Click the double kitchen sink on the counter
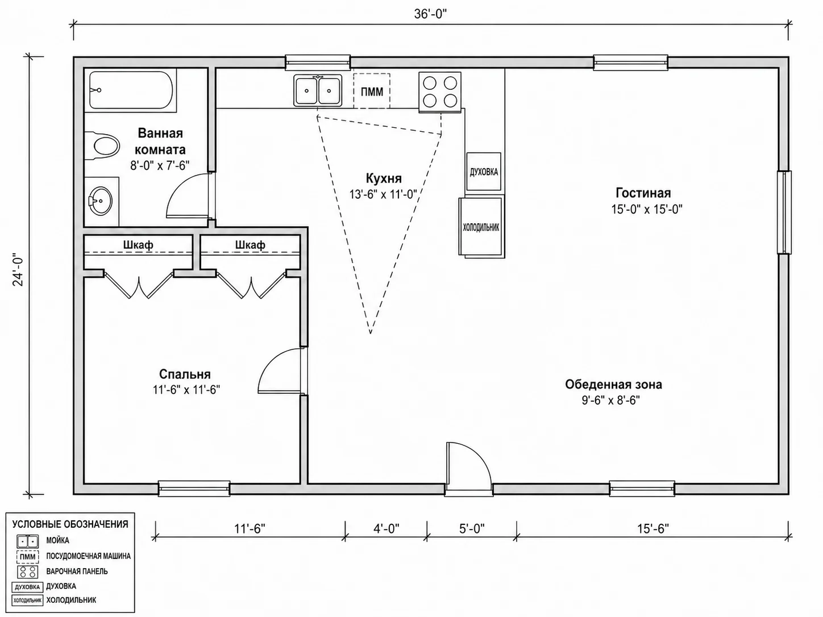(318, 90)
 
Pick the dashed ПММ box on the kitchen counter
(372, 91)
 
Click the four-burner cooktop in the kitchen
(440, 92)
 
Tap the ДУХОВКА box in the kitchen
(484, 172)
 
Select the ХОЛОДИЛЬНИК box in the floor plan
(481, 227)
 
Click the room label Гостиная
(643, 193)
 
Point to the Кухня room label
(384, 178)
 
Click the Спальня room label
(185, 374)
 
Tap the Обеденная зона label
(613, 385)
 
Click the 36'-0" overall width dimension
(430, 14)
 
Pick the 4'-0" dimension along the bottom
(386, 528)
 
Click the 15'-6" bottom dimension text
(653, 528)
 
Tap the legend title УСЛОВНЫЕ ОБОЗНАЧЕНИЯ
(70, 524)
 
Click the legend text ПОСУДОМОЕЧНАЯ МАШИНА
(89, 556)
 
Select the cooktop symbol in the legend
(27, 572)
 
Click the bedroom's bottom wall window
(194, 489)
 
